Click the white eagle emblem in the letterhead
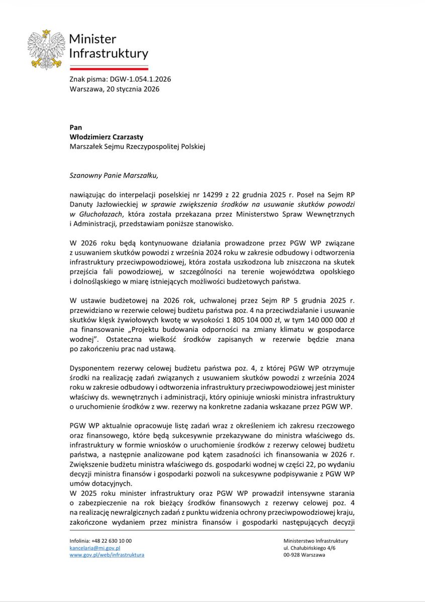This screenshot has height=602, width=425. coord(46,49)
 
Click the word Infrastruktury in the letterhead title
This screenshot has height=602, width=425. coord(108,54)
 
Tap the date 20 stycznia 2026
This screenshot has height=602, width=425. coord(132,88)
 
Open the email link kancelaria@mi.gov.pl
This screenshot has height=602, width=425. coord(95,548)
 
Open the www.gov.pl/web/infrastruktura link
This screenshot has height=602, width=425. coord(107,555)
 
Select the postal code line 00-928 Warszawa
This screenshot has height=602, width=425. coord(304,555)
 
